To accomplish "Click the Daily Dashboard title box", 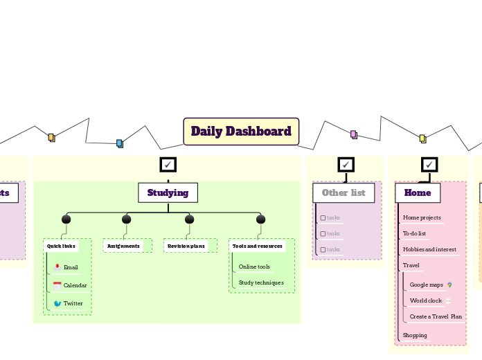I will pyautogui.click(x=241, y=132).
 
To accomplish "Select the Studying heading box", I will pyautogui.click(x=168, y=192).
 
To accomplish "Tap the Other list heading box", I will pyautogui.click(x=343, y=192).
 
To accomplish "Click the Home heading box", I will pyautogui.click(x=418, y=192).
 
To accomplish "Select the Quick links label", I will pyautogui.click(x=61, y=246).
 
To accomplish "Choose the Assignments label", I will pyautogui.click(x=123, y=246).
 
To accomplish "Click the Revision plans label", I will pyautogui.click(x=186, y=246).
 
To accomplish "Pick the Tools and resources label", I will pyautogui.click(x=257, y=246).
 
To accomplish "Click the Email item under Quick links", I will pyautogui.click(x=71, y=267).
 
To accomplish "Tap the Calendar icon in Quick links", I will pyautogui.click(x=57, y=285).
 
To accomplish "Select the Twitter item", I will pyautogui.click(x=73, y=303).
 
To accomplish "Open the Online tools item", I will pyautogui.click(x=254, y=267).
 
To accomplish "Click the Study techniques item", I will pyautogui.click(x=261, y=282).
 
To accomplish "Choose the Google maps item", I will pyautogui.click(x=426, y=285).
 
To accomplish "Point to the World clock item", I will pyautogui.click(x=425, y=300).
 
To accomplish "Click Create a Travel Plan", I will pyautogui.click(x=436, y=316).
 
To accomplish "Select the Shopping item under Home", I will pyautogui.click(x=415, y=335).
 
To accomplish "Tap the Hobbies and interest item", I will pyautogui.click(x=429, y=249).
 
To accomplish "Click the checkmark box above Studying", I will pyautogui.click(x=168, y=164).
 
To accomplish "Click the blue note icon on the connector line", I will pyautogui.click(x=119, y=143).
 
